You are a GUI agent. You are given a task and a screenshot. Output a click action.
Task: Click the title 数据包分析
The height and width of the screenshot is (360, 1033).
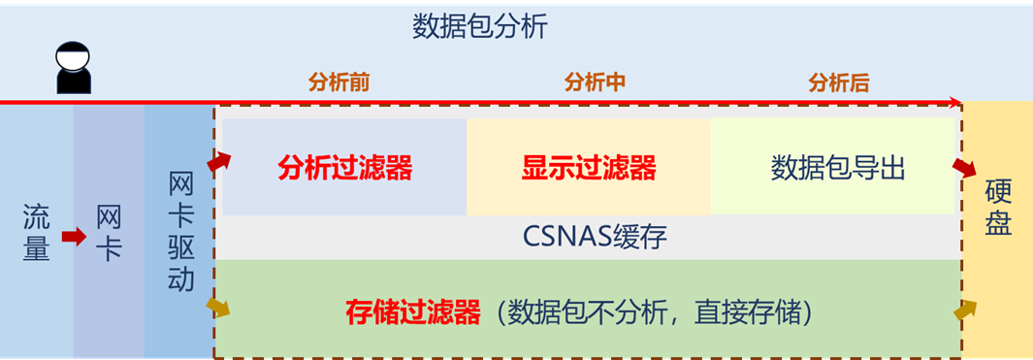coord(479,26)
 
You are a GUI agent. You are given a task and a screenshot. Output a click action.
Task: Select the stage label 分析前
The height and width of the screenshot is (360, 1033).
coord(339,82)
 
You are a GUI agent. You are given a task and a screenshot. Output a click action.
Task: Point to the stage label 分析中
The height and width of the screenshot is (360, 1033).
coord(595,82)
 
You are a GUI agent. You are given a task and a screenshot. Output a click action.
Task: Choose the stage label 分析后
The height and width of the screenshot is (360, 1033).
coord(839,82)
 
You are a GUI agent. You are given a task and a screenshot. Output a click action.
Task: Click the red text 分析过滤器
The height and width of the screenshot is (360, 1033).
coord(345,168)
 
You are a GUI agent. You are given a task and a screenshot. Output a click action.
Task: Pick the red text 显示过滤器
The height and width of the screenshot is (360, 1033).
coord(589,168)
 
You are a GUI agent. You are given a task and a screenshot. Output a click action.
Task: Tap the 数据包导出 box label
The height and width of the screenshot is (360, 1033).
coord(838,168)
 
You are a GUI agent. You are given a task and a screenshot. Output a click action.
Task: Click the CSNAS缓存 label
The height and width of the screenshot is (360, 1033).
coord(595,236)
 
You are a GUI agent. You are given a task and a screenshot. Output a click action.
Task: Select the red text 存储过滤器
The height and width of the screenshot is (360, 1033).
coord(413,312)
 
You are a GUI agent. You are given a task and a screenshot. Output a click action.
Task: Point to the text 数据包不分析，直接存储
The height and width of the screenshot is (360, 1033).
coord(651,312)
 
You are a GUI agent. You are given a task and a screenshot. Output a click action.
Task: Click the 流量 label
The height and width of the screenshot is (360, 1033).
coord(36,234)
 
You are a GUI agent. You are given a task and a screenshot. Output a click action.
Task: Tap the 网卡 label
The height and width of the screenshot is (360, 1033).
coord(109,234)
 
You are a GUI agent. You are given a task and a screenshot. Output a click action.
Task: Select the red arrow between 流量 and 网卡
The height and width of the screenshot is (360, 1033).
coord(73,236)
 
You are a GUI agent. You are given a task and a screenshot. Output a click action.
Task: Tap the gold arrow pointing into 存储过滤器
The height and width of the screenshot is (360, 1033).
coord(219,308)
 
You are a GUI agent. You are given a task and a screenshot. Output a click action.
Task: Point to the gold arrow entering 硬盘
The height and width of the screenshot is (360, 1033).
coord(964,311)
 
